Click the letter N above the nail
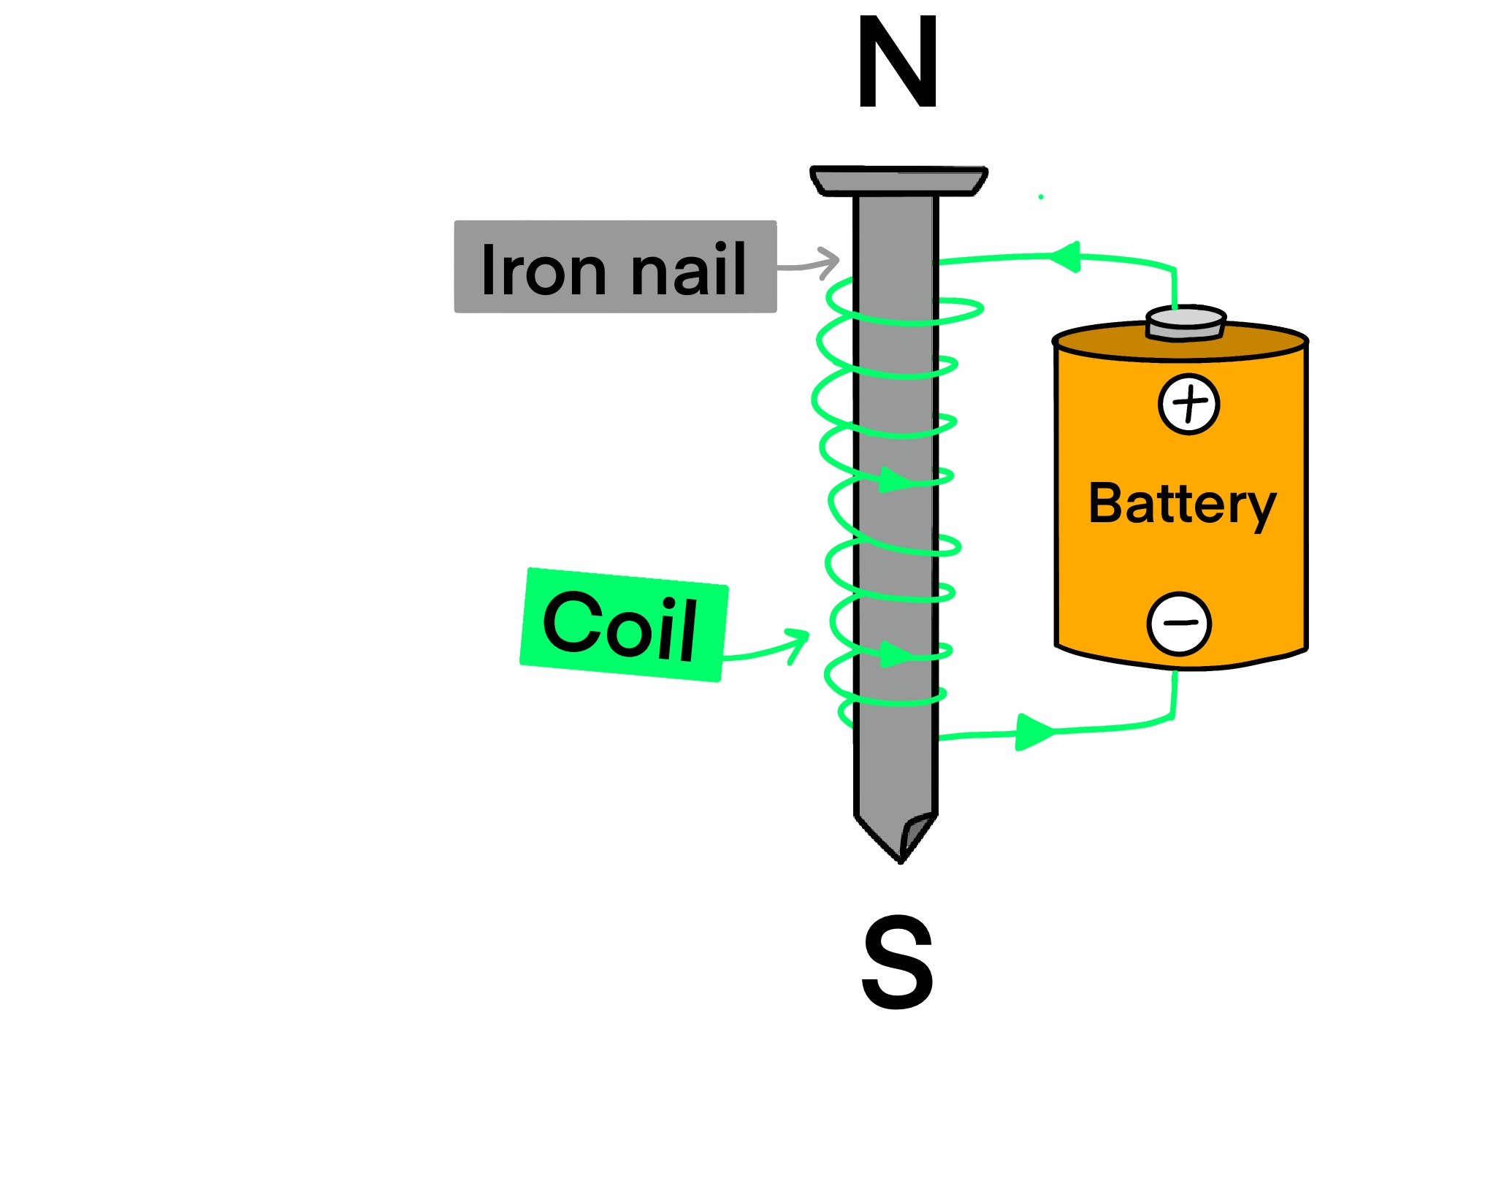898,62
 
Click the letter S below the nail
898,962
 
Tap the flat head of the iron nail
898,181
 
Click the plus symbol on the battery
1188,404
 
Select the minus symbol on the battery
1179,623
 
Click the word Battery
1182,504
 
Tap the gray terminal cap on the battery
1186,324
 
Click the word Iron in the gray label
543,269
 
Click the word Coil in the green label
621,625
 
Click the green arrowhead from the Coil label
798,642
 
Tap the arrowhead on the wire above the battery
1066,256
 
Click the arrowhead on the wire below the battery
1033,732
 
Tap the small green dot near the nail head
1041,197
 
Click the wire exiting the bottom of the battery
1174,694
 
